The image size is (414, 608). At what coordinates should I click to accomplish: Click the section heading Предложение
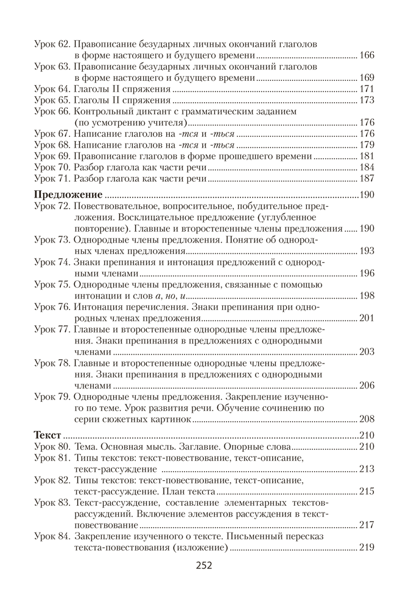click(68, 195)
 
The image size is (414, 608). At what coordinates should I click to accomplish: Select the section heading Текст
click(47, 435)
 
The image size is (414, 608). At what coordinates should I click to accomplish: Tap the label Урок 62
click(52, 44)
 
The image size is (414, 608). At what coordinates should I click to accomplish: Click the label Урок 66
click(52, 111)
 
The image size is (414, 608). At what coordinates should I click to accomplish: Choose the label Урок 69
click(52, 156)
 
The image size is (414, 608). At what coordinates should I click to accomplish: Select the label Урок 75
click(52, 284)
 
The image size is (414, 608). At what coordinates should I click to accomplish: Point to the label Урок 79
click(52, 396)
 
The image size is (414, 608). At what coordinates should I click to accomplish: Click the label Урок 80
click(52, 446)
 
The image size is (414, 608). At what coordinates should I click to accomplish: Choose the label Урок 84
click(52, 536)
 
